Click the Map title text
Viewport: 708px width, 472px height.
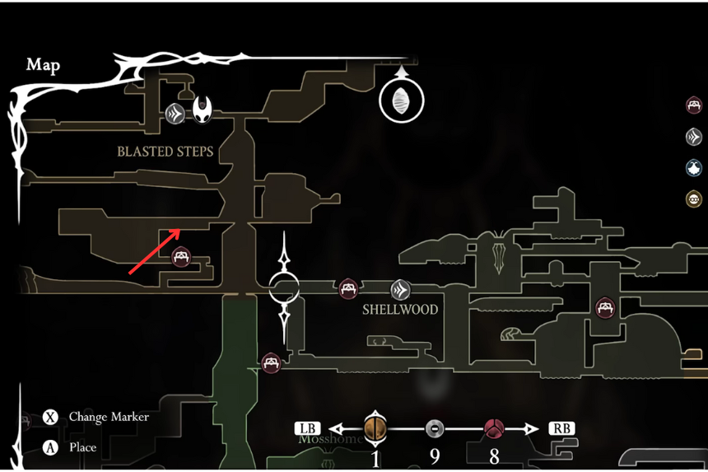point(43,65)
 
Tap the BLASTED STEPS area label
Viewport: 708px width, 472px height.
point(165,152)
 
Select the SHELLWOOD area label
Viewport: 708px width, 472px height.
point(400,311)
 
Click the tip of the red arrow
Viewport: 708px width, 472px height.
point(180,230)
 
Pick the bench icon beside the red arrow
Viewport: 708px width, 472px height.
point(181,258)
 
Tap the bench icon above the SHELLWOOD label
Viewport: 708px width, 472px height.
point(348,288)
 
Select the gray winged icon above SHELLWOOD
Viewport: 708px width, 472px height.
point(400,289)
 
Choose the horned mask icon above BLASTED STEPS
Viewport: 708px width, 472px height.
point(203,110)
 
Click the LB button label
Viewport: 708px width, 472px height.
point(308,428)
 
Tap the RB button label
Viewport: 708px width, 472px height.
point(562,428)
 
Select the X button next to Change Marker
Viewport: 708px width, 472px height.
point(50,417)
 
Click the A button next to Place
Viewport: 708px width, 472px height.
point(50,447)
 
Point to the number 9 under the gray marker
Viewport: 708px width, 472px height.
point(435,456)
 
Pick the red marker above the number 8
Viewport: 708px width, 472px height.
point(494,428)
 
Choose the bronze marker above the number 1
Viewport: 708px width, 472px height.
point(375,428)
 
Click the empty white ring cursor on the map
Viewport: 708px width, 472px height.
point(285,288)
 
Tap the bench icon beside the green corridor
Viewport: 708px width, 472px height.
point(271,362)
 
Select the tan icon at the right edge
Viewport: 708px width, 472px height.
point(694,199)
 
